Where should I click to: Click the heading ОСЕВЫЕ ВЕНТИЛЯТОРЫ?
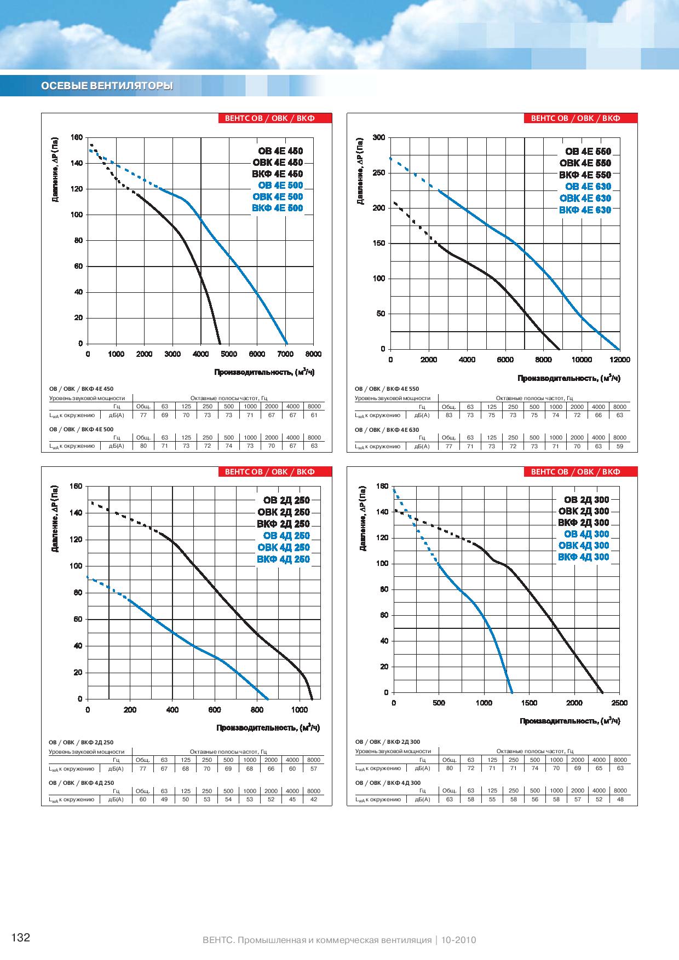click(x=107, y=86)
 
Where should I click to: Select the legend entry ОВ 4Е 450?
click(x=280, y=151)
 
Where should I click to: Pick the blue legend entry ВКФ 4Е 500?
click(x=278, y=208)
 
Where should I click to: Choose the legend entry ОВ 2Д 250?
click(x=286, y=500)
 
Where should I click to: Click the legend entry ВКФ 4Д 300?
click(x=583, y=557)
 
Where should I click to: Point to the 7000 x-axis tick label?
click(x=285, y=354)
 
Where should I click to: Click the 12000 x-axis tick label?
click(x=620, y=360)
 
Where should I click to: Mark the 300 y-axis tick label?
click(x=379, y=137)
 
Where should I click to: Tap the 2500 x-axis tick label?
click(x=619, y=703)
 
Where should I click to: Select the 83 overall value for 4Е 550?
click(x=449, y=415)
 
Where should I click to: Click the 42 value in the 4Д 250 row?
click(x=314, y=800)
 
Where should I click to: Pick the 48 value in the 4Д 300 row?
click(x=620, y=800)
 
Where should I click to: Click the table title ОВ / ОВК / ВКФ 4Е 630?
click(x=387, y=430)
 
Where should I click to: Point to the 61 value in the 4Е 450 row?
click(x=314, y=415)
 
